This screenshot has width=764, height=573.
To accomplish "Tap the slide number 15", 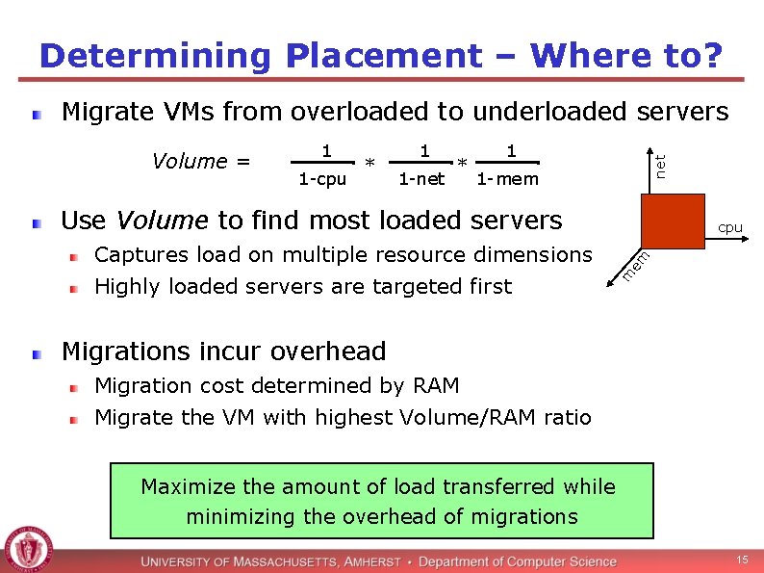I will [742, 560].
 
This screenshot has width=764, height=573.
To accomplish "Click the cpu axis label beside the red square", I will [730, 228].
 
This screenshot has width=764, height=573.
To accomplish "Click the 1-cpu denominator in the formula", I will [322, 179].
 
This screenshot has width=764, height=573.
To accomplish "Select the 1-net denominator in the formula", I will [422, 179].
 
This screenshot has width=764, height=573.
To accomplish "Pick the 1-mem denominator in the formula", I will [508, 179].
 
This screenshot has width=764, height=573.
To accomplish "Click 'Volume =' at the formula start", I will [201, 161].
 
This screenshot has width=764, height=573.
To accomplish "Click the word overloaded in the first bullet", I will [361, 112].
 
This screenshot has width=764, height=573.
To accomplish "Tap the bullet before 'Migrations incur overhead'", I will [37, 354].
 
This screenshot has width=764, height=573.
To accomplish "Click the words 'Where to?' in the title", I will [626, 56].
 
